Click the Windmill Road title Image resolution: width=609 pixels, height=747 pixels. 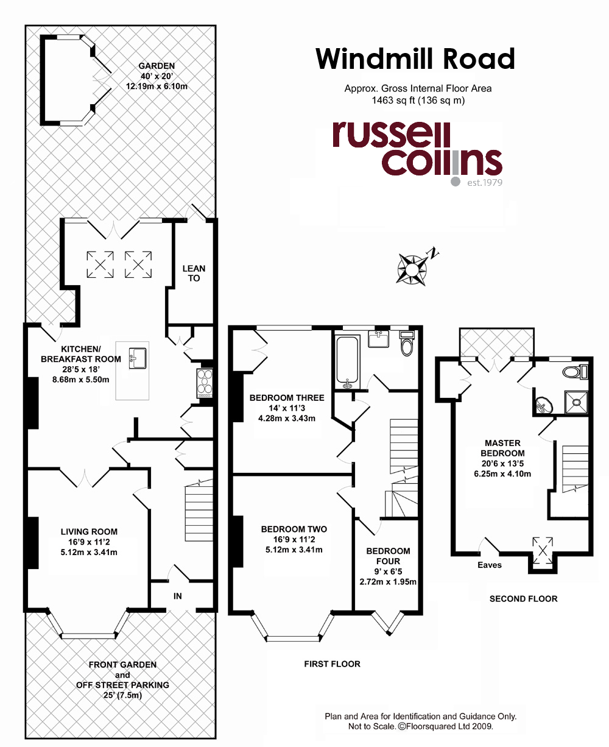pyautogui.click(x=415, y=58)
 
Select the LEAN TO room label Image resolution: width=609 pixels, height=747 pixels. pyautogui.click(x=194, y=273)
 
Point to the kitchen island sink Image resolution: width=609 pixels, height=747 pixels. pyautogui.click(x=138, y=358)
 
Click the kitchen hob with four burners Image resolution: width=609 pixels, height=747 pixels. pyautogui.click(x=205, y=383)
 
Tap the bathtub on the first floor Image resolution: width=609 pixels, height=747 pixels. pyautogui.click(x=347, y=363)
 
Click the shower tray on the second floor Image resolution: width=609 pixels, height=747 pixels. pyautogui.click(x=577, y=402)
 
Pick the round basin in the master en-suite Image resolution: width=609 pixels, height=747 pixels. pyautogui.click(x=544, y=405)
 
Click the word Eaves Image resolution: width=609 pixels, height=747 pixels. pyautogui.click(x=489, y=565)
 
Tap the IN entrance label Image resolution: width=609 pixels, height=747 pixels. pyautogui.click(x=178, y=596)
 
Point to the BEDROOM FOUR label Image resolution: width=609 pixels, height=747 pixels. pyautogui.click(x=388, y=556)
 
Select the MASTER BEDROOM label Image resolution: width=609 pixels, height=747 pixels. pyautogui.click(x=502, y=448)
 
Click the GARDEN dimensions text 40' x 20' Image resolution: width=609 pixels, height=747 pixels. pyautogui.click(x=157, y=76)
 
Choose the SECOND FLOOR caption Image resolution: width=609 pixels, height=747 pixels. pyautogui.click(x=523, y=598)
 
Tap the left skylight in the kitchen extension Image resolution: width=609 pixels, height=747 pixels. pyautogui.click(x=100, y=264)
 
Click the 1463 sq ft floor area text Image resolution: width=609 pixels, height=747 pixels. pyautogui.click(x=393, y=101)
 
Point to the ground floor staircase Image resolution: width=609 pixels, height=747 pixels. pyautogui.click(x=199, y=510)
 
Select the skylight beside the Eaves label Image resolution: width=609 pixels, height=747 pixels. pyautogui.click(x=543, y=551)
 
